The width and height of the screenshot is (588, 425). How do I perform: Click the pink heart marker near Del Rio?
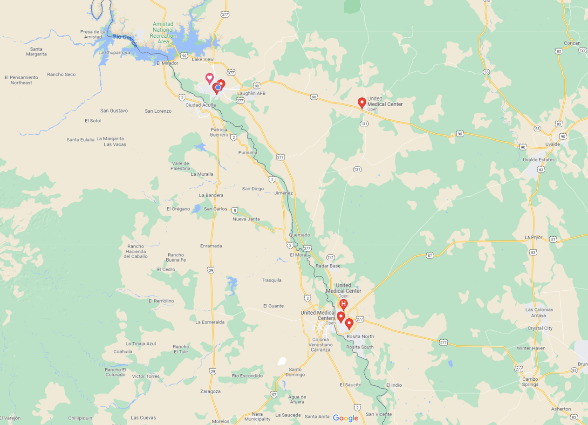point(210,78)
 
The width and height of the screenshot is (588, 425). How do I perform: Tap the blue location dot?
point(218,87)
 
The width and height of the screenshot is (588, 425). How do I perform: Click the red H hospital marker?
point(343,305)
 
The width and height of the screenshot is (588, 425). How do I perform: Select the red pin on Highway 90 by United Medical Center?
point(362,102)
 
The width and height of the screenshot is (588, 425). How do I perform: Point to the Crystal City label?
point(540,328)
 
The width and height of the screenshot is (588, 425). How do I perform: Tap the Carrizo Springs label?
point(530,382)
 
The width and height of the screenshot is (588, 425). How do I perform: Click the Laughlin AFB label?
point(251,93)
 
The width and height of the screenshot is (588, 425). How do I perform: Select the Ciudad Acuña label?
point(200,105)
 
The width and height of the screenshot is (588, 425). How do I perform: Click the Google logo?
point(345,418)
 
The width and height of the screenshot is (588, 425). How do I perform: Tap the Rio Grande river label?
point(126,40)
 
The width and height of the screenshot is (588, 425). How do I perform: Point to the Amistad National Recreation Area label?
point(163,33)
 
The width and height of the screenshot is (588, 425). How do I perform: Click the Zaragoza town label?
point(210,391)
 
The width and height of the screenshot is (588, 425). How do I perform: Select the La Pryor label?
point(533,237)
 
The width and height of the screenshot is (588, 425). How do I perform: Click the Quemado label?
point(299,235)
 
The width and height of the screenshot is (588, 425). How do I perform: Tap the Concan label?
point(572,43)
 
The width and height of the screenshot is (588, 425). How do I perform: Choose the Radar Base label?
point(328,266)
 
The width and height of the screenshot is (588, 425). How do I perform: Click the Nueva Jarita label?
point(246,219)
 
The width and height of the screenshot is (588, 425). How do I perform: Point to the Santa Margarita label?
point(36,51)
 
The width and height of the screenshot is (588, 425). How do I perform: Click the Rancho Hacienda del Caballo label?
point(136,251)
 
